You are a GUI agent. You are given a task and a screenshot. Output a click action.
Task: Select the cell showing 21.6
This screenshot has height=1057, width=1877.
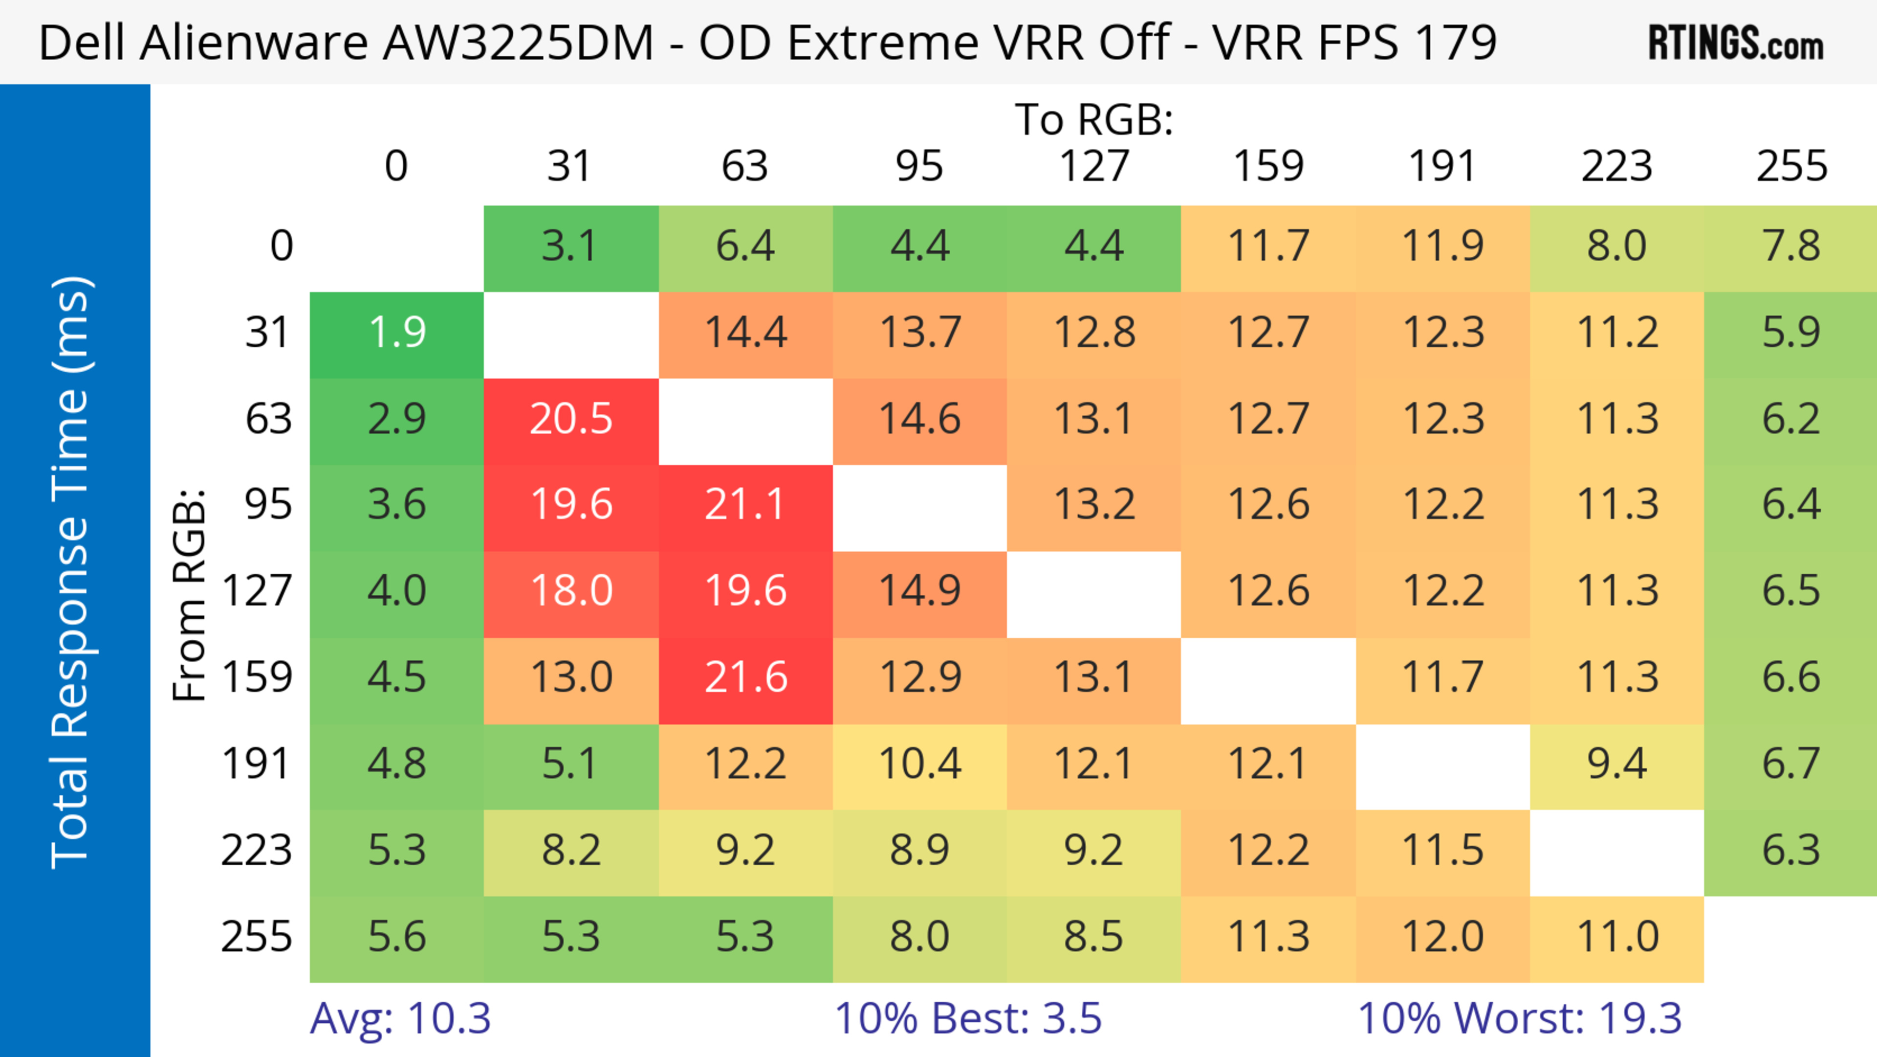(745, 678)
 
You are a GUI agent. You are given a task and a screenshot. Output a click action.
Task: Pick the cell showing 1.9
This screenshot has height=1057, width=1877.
(397, 333)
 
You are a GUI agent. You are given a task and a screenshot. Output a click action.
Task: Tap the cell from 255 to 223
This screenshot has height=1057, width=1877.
(1617, 937)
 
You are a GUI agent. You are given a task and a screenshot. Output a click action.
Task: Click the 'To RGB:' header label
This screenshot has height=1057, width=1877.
(1094, 119)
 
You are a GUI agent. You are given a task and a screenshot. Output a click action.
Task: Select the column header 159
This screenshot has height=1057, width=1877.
(1268, 166)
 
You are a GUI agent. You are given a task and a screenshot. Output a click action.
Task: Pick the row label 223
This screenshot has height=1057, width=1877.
(257, 851)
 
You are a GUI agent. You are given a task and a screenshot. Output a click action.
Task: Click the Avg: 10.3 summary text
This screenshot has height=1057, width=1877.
(400, 1018)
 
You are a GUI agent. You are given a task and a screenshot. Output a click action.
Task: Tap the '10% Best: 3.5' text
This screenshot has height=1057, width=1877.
(968, 1018)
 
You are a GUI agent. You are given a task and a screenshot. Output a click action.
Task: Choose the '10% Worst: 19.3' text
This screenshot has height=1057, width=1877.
(1519, 1018)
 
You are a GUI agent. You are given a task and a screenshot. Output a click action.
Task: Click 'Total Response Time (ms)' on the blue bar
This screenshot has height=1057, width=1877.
(71, 572)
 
